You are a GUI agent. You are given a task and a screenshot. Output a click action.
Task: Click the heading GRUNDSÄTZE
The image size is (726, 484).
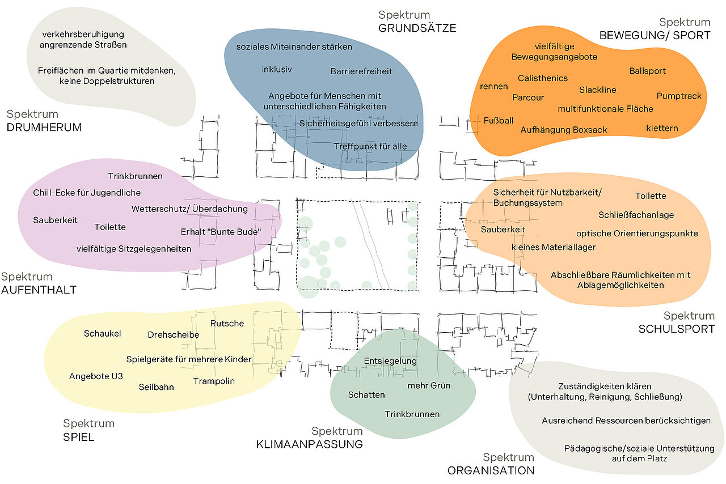[x=417, y=28]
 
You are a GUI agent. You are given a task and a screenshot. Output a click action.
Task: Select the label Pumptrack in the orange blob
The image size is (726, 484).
[x=679, y=96]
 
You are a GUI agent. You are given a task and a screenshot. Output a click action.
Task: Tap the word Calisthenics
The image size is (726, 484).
[x=543, y=78]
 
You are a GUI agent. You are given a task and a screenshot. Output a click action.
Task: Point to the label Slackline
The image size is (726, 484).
[x=598, y=90]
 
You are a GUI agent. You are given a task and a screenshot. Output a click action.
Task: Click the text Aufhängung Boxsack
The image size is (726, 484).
[x=564, y=130]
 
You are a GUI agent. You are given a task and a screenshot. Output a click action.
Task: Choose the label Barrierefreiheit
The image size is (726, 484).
[x=361, y=71]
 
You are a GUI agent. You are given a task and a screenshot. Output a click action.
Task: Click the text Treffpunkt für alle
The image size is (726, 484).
[x=370, y=146]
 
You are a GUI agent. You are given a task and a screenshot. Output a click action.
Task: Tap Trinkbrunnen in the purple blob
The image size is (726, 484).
[x=135, y=176]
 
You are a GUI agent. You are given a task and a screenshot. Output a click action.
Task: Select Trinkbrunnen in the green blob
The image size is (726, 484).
[x=412, y=414]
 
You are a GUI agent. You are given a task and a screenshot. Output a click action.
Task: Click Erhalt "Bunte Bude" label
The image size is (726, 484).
[x=221, y=232]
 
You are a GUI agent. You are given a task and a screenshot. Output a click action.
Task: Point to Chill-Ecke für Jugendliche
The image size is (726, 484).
[x=87, y=193]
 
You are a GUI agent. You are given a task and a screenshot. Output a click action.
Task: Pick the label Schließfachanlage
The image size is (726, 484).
[x=636, y=215]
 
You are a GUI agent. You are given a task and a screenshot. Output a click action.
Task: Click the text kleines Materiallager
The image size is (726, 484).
[x=553, y=247]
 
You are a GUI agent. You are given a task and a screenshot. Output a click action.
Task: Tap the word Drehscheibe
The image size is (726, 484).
[x=174, y=334]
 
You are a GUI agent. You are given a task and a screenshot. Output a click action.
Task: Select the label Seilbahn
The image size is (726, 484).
[x=156, y=387]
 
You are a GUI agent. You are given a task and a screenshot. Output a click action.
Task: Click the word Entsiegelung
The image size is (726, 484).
[x=390, y=361]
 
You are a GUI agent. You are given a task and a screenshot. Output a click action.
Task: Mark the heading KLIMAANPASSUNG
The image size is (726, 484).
[x=310, y=444]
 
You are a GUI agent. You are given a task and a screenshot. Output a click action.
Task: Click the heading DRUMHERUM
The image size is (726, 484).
[x=44, y=128]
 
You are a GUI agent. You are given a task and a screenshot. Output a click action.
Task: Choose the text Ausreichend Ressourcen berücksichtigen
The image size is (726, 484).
[x=626, y=421]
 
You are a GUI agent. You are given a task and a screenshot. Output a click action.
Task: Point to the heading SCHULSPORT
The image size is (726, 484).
[x=677, y=329]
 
